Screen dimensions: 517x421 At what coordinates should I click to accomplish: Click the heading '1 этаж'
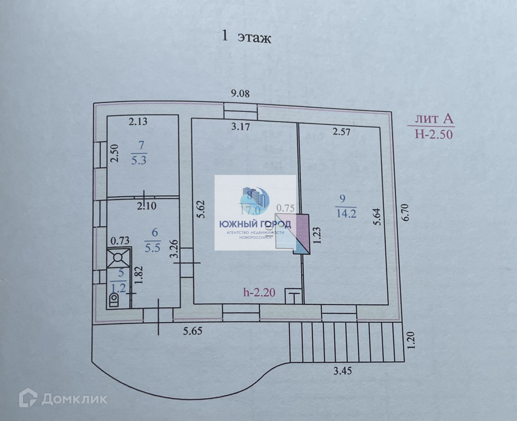pos(246,38)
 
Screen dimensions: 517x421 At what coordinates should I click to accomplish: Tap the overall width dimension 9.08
pos(240,94)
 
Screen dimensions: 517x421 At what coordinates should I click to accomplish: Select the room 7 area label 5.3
pos(139,160)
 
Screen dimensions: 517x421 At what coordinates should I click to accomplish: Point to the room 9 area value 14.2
pos(346,213)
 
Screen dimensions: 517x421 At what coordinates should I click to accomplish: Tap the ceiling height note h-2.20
pos(259,292)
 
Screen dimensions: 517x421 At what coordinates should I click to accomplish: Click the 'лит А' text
pos(434,119)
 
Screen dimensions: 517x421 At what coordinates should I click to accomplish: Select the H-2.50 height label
pos(434,134)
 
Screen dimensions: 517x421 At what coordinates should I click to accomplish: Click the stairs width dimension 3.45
pos(343,371)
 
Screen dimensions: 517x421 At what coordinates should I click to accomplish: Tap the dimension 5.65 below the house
pos(194,331)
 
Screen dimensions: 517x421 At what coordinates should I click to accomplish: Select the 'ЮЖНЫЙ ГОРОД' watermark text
pos(255,224)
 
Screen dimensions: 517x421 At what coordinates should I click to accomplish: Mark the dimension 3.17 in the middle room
pos(240,126)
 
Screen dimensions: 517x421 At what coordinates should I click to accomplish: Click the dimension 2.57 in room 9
pos(341,132)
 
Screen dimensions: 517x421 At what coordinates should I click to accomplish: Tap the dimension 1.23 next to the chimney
pos(317,235)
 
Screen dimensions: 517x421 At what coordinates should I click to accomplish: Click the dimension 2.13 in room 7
pos(138,122)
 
